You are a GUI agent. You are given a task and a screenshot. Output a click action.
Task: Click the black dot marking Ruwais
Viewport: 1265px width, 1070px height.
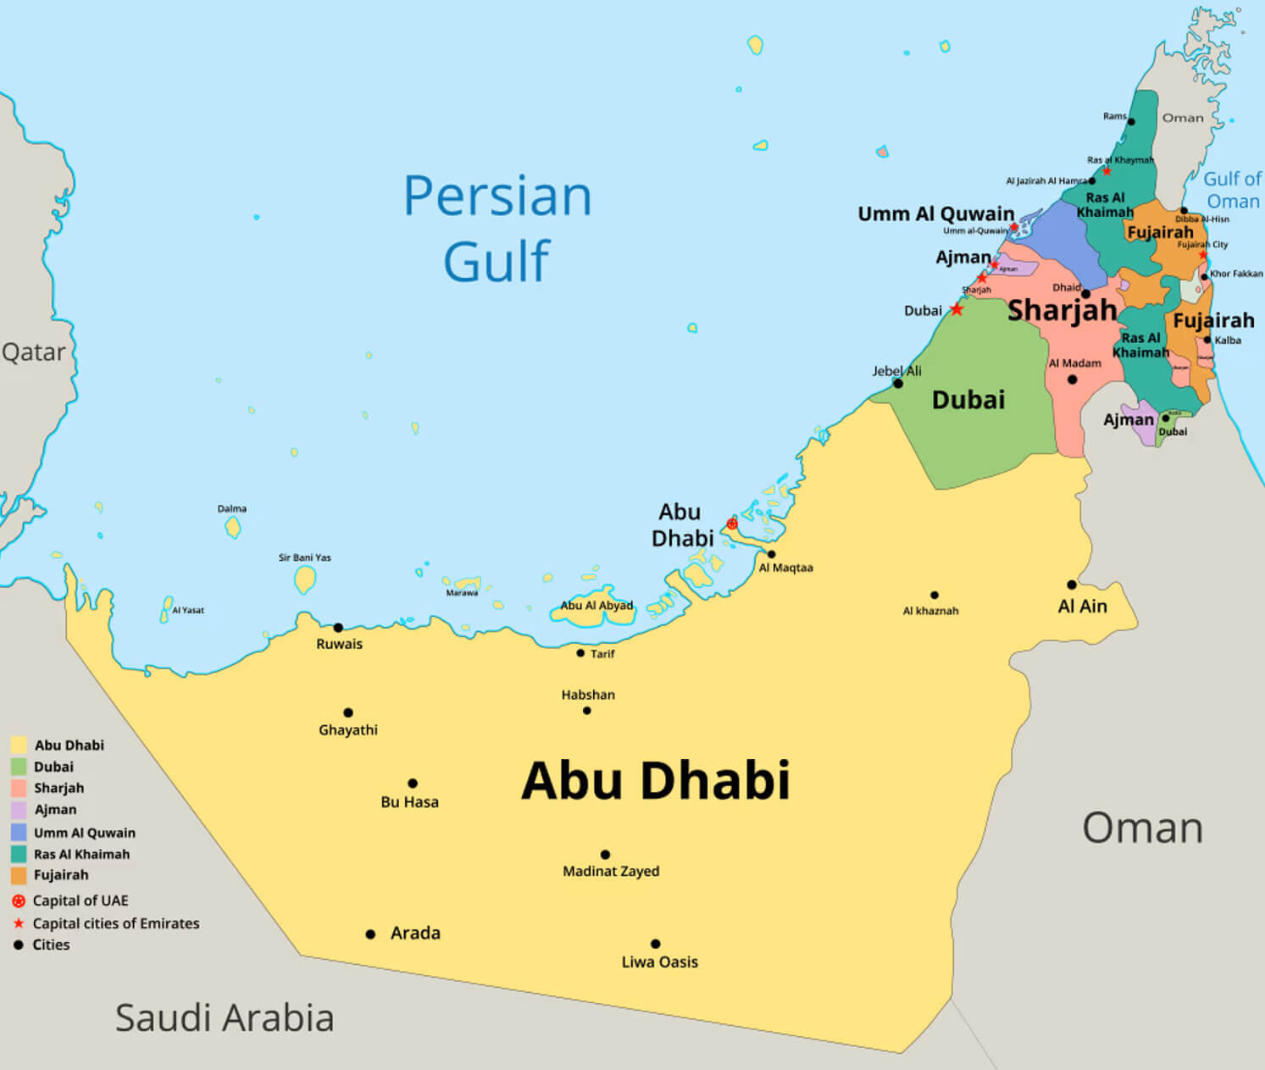[338, 628]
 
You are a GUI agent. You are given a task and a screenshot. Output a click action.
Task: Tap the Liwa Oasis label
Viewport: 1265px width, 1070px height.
[659, 962]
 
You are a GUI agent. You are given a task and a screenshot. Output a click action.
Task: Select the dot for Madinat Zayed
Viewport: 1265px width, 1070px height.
[605, 855]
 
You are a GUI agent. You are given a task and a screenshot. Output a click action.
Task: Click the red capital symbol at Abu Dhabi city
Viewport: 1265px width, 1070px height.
[732, 524]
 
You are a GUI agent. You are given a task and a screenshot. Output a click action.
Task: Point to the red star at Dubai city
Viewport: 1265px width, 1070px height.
[957, 309]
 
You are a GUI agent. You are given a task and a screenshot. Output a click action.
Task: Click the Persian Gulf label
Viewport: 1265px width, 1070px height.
[497, 227]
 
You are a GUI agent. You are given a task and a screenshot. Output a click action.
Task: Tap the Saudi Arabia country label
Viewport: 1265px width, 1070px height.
[225, 1017]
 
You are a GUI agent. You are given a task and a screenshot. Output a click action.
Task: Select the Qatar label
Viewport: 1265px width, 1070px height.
[33, 352]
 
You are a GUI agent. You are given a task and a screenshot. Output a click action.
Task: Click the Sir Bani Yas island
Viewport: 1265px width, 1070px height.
[305, 579]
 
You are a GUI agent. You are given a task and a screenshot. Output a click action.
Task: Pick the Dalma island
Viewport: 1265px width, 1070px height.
[233, 528]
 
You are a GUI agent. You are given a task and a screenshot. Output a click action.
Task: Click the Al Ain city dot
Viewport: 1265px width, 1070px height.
[1072, 585]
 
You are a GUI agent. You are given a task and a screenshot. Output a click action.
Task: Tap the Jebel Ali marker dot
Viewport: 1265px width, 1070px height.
[898, 383]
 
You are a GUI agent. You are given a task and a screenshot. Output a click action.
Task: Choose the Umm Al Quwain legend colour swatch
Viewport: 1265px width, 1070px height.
[19, 832]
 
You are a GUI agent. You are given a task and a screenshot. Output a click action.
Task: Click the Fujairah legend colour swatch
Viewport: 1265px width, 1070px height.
[19, 875]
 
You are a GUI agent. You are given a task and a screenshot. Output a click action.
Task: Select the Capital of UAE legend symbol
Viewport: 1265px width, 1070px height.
[19, 901]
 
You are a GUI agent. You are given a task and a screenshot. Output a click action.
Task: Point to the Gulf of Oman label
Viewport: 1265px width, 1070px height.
[1232, 190]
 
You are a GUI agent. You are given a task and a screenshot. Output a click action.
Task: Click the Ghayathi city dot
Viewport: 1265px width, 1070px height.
[348, 712]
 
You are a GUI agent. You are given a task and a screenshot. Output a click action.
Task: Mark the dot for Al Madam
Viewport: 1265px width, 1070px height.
[1073, 380]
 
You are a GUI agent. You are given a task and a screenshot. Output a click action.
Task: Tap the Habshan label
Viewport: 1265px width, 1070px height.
[588, 695]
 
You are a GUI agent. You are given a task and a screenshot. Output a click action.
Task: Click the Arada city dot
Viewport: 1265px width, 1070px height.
[370, 934]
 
